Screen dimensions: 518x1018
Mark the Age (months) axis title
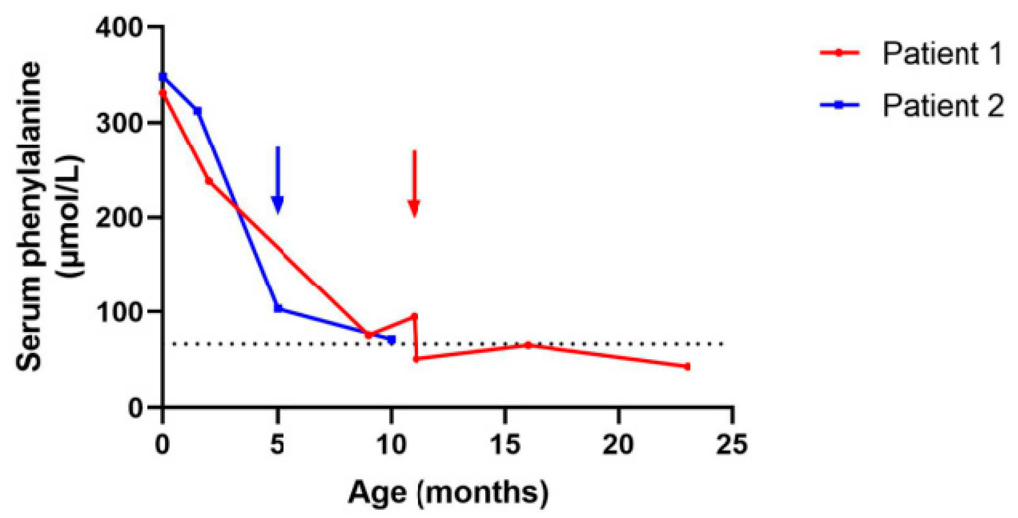pos(448,492)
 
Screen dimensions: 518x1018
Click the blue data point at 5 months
pos(278,308)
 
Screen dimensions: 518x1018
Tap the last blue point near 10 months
pos(392,340)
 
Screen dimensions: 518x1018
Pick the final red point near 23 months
pos(687,367)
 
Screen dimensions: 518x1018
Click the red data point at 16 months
pos(528,345)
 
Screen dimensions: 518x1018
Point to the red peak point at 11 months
pos(415,316)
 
